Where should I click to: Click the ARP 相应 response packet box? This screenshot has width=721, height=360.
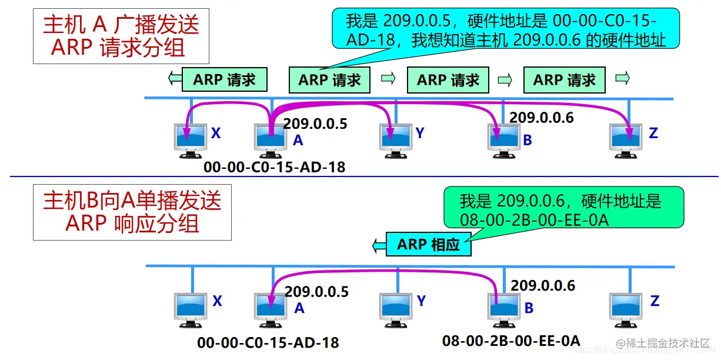428,244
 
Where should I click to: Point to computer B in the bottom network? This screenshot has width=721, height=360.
505,308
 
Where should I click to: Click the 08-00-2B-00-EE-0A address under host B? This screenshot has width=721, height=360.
511,340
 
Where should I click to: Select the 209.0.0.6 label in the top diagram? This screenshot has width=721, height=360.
541,117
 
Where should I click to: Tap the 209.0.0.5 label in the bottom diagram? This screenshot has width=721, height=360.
316,291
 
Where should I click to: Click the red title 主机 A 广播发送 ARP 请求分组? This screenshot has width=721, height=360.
121,35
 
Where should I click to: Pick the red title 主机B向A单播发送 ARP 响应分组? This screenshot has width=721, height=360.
132,212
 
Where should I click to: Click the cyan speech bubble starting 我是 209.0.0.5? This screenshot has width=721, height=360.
506,31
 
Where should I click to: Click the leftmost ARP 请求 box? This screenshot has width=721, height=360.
224,80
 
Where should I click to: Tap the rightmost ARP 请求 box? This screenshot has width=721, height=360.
565,80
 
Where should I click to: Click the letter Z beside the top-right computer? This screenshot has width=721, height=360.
653,134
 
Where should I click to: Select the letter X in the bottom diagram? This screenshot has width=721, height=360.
217,301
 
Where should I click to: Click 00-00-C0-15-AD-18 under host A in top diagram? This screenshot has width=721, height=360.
275,167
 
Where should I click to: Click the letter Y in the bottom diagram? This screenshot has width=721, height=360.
421,301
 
